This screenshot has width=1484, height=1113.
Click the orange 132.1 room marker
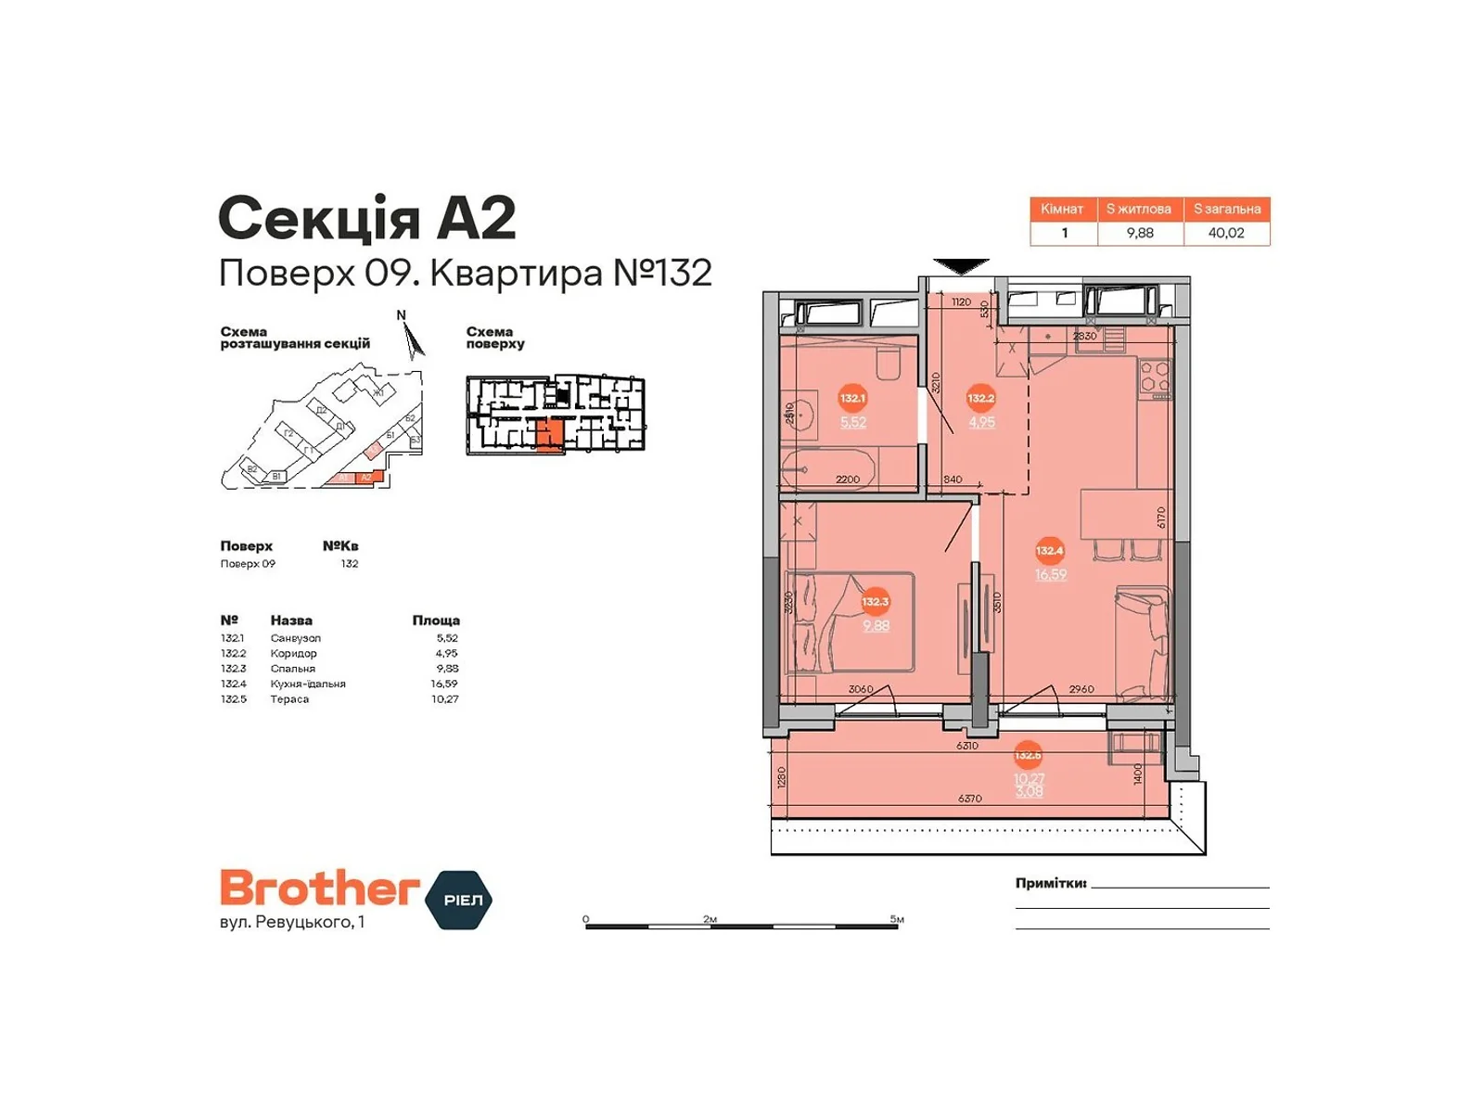coord(851,399)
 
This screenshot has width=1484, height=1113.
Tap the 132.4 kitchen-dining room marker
coord(1049,551)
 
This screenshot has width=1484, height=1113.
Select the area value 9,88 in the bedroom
coord(876,626)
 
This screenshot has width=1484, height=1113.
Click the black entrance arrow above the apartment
coord(961,267)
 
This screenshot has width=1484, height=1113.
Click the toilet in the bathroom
coord(889,365)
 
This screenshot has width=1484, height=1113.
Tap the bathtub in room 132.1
coord(828,469)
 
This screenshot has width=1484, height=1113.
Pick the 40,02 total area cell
coord(1225,233)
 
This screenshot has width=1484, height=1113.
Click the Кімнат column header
coord(1062,209)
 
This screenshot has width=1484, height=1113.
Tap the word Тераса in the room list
coord(289,699)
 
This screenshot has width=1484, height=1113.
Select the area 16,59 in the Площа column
coord(443,684)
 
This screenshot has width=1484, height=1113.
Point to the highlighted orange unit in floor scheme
coord(550,433)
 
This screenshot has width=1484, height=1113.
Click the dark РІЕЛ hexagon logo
coord(459,900)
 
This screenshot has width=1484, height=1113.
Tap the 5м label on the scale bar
coord(896,919)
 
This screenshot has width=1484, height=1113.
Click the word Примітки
coord(1050,883)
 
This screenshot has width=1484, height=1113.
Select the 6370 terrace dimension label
coord(969,798)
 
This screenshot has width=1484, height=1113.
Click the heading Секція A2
coord(366,219)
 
